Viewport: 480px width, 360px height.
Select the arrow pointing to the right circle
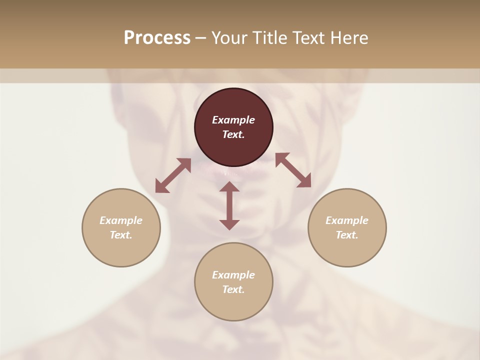293,170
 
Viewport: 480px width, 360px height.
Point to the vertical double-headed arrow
229,205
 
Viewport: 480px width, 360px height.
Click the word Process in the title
157,38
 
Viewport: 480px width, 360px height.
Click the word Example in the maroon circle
233,120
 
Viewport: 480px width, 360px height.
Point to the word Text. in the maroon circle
233,134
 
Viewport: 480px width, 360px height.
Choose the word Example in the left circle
121,220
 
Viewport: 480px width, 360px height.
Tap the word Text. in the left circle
121,235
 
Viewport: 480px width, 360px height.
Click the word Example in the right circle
347,220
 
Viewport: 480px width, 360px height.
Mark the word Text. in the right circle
347,235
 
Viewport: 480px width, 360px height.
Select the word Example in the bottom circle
233,275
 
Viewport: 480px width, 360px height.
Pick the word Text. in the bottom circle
233,289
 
